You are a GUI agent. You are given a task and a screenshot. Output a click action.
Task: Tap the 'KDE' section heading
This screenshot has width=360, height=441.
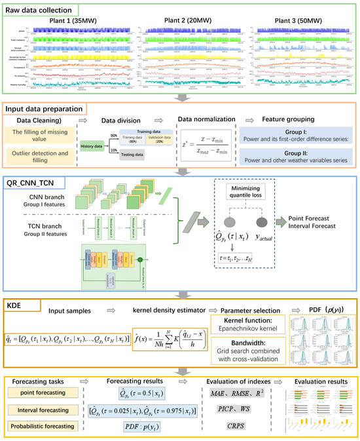pos(16,305)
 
